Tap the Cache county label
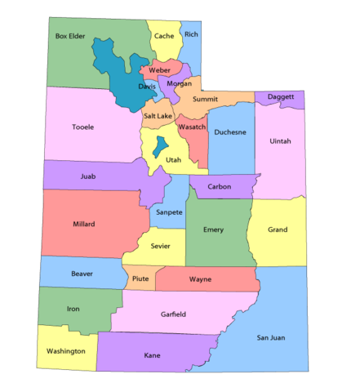click(x=164, y=36)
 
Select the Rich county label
click(x=191, y=34)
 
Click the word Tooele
click(x=82, y=127)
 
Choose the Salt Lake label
click(x=158, y=116)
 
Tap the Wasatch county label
click(x=192, y=127)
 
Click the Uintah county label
click(x=279, y=140)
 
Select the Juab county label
click(x=88, y=176)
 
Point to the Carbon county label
click(x=220, y=187)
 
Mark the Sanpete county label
click(x=167, y=211)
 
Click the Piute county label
click(x=140, y=279)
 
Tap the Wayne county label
click(x=200, y=279)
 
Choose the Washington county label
click(x=66, y=351)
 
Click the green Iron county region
click(x=73, y=310)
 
